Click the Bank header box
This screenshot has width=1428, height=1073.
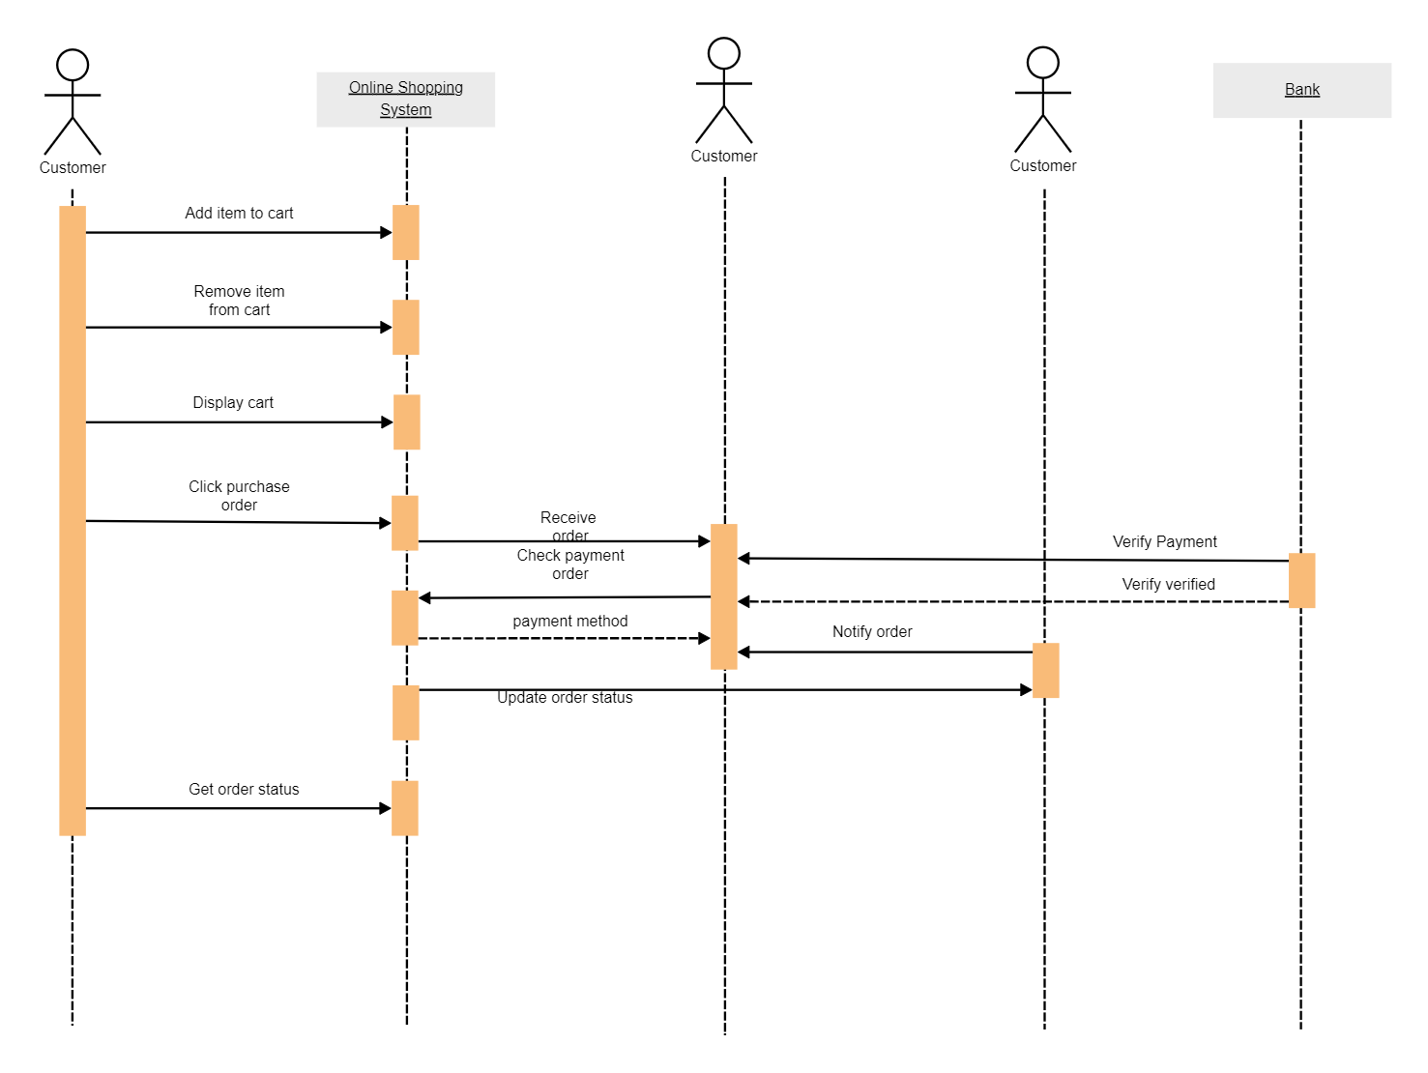click(x=1301, y=90)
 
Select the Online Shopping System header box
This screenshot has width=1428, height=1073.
click(x=405, y=99)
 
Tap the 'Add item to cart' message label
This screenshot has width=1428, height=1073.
click(x=239, y=213)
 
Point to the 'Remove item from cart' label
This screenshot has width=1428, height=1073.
click(x=239, y=301)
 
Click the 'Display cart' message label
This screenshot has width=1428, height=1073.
click(x=233, y=402)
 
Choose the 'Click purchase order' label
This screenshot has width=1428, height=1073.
click(x=239, y=496)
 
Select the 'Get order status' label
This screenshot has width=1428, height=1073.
click(x=244, y=789)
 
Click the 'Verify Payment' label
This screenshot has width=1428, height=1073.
click(x=1164, y=541)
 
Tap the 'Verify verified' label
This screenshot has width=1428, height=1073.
click(x=1168, y=584)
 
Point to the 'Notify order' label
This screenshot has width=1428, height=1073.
click(x=872, y=631)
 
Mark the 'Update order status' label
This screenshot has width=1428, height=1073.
click(x=565, y=698)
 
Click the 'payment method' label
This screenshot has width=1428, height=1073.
click(x=569, y=621)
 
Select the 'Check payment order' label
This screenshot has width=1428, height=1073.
click(x=570, y=565)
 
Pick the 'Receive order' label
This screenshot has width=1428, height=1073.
click(x=568, y=526)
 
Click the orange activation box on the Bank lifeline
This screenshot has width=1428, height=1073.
click(x=1301, y=580)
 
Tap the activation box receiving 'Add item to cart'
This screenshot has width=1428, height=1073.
click(x=406, y=232)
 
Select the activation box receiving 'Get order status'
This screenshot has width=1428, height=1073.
click(x=405, y=808)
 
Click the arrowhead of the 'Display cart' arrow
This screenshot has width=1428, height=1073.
click(x=388, y=422)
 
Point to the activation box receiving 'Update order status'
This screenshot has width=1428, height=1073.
click(x=1046, y=670)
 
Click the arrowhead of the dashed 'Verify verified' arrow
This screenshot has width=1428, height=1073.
click(x=743, y=601)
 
